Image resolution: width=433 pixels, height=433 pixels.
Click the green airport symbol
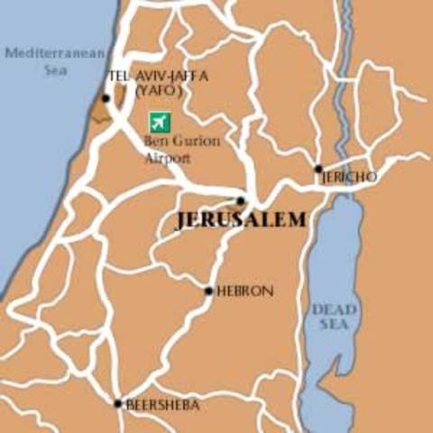point(160,122)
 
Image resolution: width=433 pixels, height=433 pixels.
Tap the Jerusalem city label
point(241,220)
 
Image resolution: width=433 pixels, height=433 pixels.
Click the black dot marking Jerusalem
point(240,201)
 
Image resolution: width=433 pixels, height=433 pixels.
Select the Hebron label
point(244,291)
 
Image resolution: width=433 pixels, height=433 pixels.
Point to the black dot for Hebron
point(208,291)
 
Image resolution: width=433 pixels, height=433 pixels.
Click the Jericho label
point(349,178)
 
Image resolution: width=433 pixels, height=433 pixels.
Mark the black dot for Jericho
point(318,169)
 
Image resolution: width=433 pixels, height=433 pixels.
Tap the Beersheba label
point(163,404)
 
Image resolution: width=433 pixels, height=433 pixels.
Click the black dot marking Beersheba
point(117,403)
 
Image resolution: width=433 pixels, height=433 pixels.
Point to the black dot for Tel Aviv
point(106,98)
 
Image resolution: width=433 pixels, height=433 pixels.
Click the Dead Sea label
point(334,318)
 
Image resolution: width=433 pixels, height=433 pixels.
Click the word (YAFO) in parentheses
point(159,91)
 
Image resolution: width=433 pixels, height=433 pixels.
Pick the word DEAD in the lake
point(334,309)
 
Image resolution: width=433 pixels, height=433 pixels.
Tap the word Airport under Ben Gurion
point(168,158)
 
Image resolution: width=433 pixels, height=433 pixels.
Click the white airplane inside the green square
point(160,122)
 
